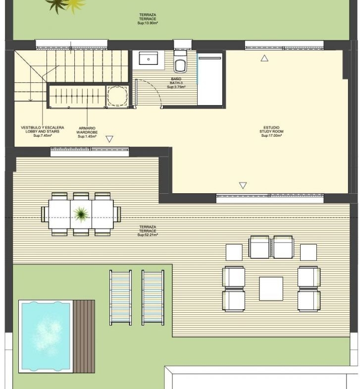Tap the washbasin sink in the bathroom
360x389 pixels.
click(x=148, y=58)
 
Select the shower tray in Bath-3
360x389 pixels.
click(x=210, y=79)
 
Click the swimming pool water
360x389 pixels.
click(x=46, y=336)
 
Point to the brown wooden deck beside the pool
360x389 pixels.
click(x=84, y=336)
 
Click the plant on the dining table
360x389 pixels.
click(x=81, y=214)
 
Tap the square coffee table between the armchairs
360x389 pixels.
click(x=271, y=288)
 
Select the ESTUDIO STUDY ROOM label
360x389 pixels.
click(x=271, y=129)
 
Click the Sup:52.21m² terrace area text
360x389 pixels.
click(x=148, y=235)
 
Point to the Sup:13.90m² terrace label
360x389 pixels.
click(x=148, y=23)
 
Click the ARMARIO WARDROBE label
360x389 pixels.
click(x=87, y=130)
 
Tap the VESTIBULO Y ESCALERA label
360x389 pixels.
click(x=43, y=127)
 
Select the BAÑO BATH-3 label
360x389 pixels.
click(x=176, y=81)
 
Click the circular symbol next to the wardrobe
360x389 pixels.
click(x=117, y=96)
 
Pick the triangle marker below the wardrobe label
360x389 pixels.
click(x=109, y=139)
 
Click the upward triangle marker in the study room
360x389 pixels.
click(x=264, y=58)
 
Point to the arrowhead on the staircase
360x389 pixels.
click(x=31, y=100)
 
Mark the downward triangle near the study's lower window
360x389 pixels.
click(x=243, y=185)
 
